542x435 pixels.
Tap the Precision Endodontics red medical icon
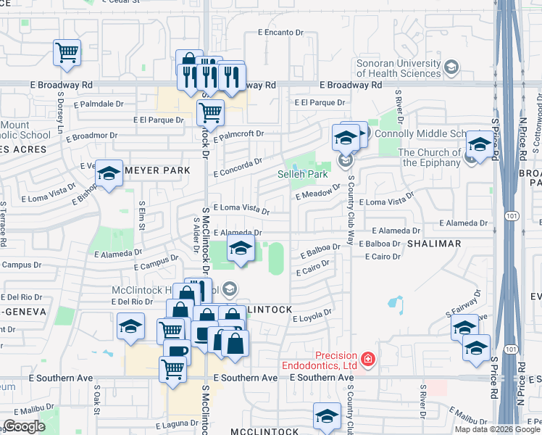(x=368, y=359)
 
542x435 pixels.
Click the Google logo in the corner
(x=24, y=426)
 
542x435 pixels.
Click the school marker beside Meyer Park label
(x=109, y=174)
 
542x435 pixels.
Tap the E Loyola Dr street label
(x=314, y=314)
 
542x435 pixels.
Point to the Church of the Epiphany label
(x=429, y=157)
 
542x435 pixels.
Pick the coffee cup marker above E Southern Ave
(x=177, y=352)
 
